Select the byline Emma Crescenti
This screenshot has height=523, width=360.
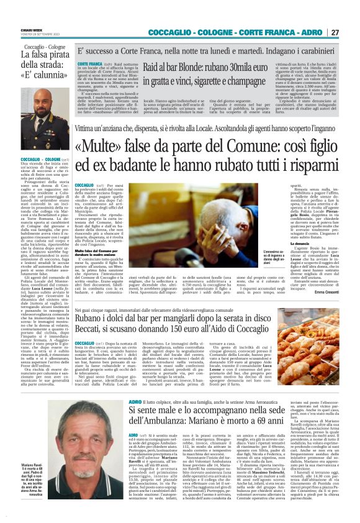click(x=326, y=292)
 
